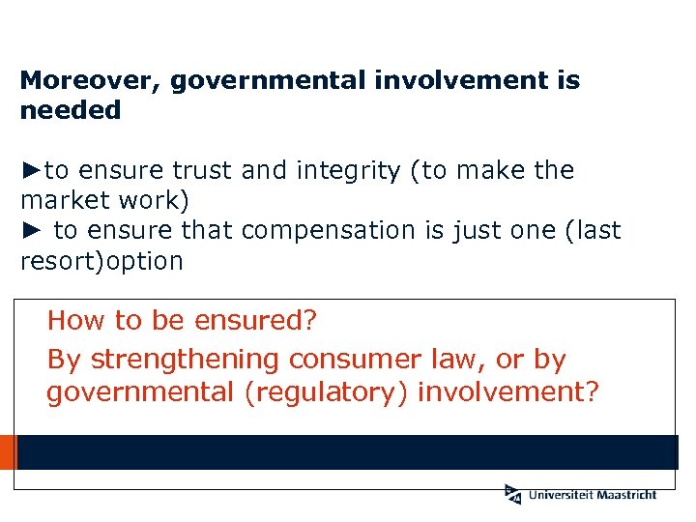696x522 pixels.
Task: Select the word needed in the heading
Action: (71, 110)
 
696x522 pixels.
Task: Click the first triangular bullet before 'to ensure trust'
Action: (32, 171)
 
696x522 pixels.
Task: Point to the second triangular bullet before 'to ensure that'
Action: (32, 231)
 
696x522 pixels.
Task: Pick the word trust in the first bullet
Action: (203, 171)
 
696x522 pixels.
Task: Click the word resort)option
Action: (101, 261)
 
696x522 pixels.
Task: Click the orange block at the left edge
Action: (8, 452)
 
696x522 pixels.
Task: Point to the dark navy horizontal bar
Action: (348, 452)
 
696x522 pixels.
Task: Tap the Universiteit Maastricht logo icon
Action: (512, 494)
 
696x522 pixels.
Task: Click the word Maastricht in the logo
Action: (624, 495)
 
